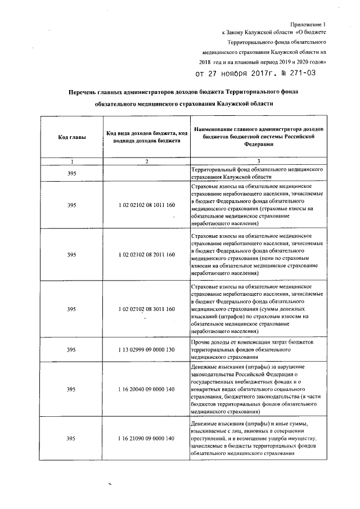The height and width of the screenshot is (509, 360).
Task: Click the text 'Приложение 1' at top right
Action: pyautogui.click(x=308, y=24)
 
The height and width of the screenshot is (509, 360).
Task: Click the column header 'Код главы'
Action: pyautogui.click(x=71, y=137)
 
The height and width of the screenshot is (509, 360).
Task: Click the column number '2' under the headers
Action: pyautogui.click(x=146, y=161)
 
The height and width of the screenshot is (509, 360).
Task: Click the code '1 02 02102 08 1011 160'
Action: pyautogui.click(x=146, y=204)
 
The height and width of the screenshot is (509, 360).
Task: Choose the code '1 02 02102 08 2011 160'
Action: pyautogui.click(x=146, y=255)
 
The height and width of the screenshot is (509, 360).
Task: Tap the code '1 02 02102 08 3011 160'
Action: pyautogui.click(x=146, y=309)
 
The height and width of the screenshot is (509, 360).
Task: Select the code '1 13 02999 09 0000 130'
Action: pyautogui.click(x=146, y=349)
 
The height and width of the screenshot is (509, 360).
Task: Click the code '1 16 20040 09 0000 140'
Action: pyautogui.click(x=146, y=389)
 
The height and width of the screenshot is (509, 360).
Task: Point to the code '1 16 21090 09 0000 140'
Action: pyautogui.click(x=146, y=438)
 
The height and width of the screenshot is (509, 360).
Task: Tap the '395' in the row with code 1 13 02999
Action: pyautogui.click(x=71, y=349)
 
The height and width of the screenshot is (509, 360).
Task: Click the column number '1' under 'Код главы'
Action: pyautogui.click(x=71, y=161)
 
